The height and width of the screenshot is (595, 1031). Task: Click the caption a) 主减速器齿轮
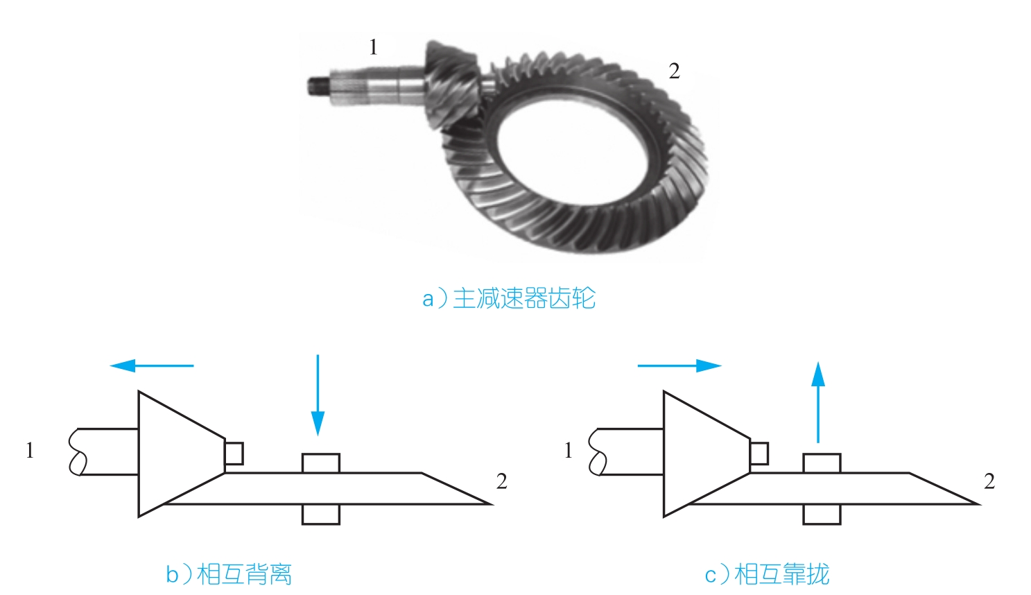pyautogui.click(x=509, y=298)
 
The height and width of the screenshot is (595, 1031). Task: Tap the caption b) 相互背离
pyautogui.click(x=229, y=574)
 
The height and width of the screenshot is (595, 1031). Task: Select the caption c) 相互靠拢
pyautogui.click(x=767, y=574)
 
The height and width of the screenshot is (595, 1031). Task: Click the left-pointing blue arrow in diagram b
pyautogui.click(x=152, y=365)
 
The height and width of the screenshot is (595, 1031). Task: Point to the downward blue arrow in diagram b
pyautogui.click(x=318, y=395)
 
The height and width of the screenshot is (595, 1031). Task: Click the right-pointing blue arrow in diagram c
pyautogui.click(x=679, y=365)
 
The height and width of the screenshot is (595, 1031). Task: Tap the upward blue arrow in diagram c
pyautogui.click(x=819, y=402)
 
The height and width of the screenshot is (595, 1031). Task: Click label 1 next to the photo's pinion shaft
pyautogui.click(x=374, y=47)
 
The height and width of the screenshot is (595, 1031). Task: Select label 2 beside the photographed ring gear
pyautogui.click(x=674, y=71)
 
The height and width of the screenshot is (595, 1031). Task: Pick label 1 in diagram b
pyautogui.click(x=30, y=451)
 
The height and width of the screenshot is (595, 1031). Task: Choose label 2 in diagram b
pyautogui.click(x=501, y=481)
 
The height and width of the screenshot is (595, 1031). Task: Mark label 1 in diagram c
pyautogui.click(x=569, y=451)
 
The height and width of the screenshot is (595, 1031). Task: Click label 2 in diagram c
pyautogui.click(x=989, y=481)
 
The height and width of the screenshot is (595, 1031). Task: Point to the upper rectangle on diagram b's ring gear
pyautogui.click(x=321, y=463)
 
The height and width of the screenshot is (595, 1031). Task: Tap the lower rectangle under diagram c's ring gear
pyautogui.click(x=822, y=514)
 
